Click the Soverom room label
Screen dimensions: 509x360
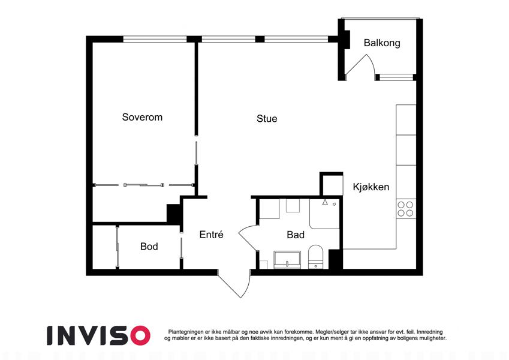coord(142,117)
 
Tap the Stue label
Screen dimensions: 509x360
coord(267,119)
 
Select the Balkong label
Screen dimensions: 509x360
coord(382,43)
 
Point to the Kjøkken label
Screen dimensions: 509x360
coord(371,187)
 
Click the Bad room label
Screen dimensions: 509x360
coord(296,235)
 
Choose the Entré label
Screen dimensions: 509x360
coord(211,234)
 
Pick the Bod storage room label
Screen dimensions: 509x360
coord(149,246)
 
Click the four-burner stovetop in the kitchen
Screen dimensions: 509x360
coord(406,209)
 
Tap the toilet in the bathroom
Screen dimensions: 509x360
coord(315,257)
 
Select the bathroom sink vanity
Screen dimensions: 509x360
coord(287,260)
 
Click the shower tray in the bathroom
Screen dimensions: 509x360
coord(324,214)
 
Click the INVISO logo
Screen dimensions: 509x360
coord(98,335)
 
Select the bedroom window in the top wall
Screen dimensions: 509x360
coord(155,40)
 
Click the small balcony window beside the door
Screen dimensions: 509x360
coord(396,77)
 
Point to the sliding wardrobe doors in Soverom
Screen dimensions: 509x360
coord(143,185)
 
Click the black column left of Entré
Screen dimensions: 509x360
coord(174,213)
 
